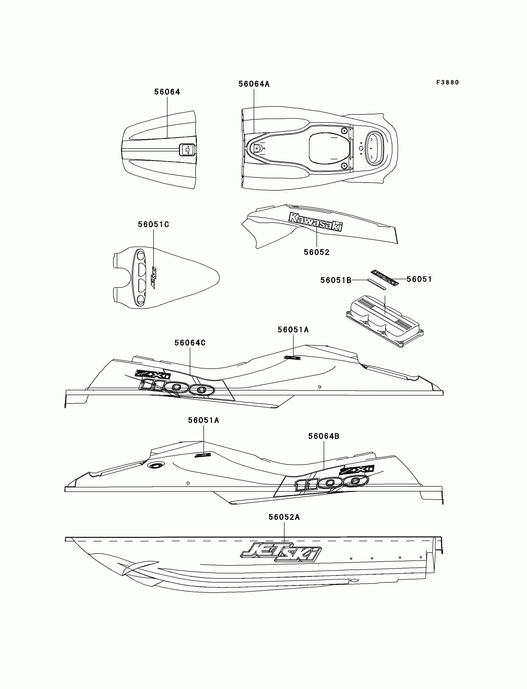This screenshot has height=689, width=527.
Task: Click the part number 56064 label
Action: [x=167, y=92]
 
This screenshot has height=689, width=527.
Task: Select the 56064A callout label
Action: [x=254, y=84]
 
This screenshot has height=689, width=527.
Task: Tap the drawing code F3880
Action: [x=447, y=82]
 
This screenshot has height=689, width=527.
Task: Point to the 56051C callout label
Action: [x=153, y=224]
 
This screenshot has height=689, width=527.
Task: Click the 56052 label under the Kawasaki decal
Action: [x=317, y=253]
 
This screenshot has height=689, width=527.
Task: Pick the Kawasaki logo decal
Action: [x=316, y=222]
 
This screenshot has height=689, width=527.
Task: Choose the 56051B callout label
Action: [x=336, y=280]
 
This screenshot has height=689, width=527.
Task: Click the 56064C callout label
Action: [x=190, y=343]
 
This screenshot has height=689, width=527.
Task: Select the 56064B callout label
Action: [x=323, y=436]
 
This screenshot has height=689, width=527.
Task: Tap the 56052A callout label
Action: [x=284, y=517]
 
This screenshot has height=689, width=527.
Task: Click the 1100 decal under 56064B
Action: [x=331, y=483]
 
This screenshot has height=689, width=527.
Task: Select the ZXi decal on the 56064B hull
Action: [x=357, y=470]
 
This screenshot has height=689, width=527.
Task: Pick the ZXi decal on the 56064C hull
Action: [x=153, y=374]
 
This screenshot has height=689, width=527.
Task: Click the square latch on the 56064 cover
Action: [x=187, y=150]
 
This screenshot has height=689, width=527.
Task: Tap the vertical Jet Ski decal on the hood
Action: [x=153, y=278]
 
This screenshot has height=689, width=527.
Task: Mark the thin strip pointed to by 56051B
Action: [x=376, y=284]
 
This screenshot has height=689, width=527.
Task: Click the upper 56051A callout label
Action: [x=293, y=329]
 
